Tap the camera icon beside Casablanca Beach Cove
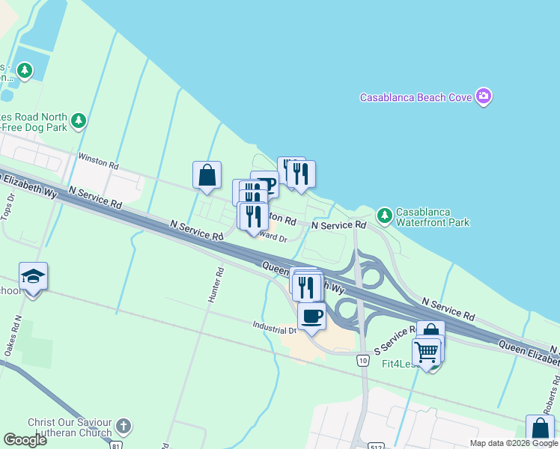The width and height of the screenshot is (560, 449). [x=484, y=97]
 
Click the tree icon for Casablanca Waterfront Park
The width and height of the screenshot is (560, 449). [x=385, y=216]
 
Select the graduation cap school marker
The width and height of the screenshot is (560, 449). [x=33, y=277]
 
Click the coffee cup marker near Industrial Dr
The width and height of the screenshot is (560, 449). [x=311, y=316]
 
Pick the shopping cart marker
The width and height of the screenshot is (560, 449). [x=426, y=352]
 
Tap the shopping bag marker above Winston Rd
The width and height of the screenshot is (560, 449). [x=207, y=176]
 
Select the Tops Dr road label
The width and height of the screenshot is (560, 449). [x=10, y=207]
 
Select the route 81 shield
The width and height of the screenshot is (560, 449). [x=115, y=445]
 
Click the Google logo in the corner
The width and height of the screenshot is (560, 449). [x=25, y=440]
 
